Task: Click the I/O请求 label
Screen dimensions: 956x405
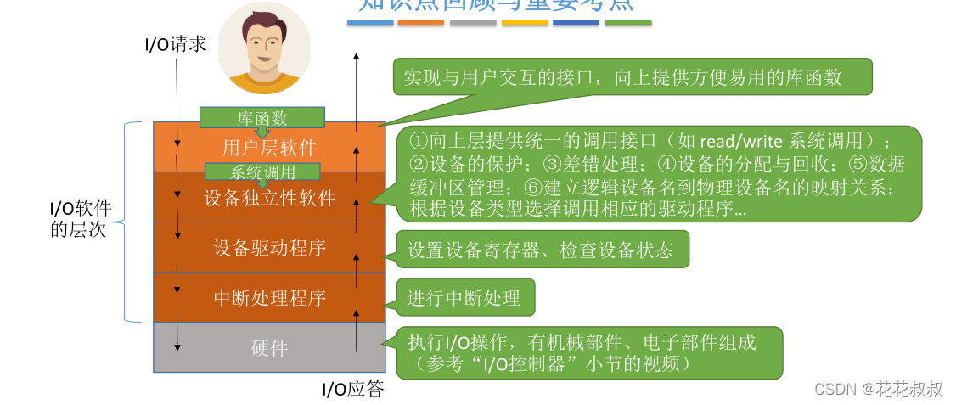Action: coord(176,44)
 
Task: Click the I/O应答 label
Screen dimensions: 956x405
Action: coord(352,390)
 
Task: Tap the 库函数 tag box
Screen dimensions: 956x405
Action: coord(262,118)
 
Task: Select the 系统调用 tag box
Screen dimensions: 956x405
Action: coord(263,172)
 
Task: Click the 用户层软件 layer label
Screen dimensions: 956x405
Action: coord(269,148)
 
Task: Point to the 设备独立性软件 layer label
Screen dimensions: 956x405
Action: coord(269,199)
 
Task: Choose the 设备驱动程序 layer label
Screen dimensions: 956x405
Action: coord(269,248)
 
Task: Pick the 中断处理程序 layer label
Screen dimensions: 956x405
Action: coord(269,298)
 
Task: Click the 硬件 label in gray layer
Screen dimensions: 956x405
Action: coord(269,348)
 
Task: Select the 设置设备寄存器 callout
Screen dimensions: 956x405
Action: coord(540,250)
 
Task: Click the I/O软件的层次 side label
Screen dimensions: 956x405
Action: coord(80,218)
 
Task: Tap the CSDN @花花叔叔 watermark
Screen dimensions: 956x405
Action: coord(878,389)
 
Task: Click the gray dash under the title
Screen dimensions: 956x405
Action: coord(473,23)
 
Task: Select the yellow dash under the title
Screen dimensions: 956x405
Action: coord(525,23)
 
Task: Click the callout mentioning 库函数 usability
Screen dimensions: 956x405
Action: coord(633,77)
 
